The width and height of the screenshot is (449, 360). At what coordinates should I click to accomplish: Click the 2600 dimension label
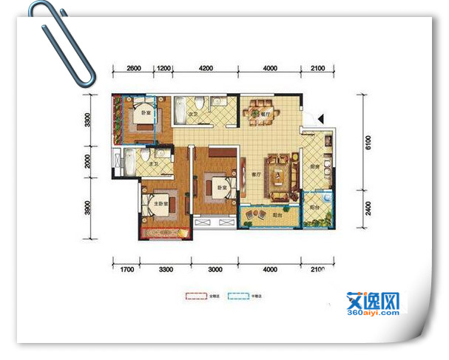tap(134, 68)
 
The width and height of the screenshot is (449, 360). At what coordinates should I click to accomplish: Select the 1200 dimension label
tap(163, 68)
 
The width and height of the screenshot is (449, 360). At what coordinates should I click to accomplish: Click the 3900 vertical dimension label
tap(87, 210)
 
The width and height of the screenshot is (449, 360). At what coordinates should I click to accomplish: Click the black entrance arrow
tap(320, 118)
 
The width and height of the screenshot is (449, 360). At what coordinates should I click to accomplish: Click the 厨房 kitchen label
tap(314, 166)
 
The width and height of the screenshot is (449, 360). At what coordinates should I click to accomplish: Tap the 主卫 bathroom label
tap(153, 163)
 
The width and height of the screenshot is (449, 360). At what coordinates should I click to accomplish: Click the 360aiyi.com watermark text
tap(372, 313)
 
